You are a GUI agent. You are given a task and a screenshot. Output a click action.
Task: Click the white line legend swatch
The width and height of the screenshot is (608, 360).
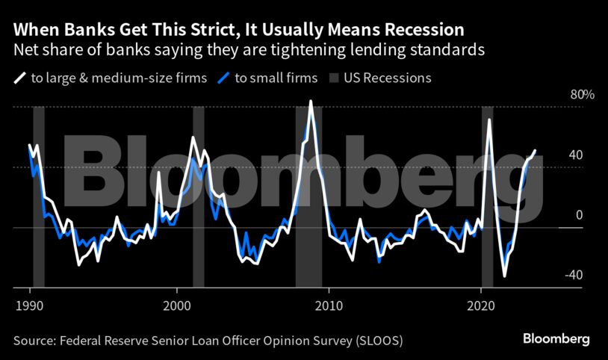coord(19,78)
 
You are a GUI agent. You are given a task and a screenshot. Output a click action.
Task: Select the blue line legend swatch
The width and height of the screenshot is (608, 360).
coord(223,78)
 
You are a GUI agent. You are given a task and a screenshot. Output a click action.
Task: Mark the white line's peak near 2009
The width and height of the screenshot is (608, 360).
coord(311,101)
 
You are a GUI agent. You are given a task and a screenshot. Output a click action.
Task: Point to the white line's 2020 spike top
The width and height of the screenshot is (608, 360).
coord(489,120)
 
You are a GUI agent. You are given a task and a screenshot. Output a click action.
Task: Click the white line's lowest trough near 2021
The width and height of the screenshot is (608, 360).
coord(505,276)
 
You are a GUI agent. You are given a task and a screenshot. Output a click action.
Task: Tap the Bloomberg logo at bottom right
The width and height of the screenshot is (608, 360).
coord(556,340)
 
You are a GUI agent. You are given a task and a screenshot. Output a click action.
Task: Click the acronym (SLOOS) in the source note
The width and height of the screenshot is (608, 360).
coord(379,341)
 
